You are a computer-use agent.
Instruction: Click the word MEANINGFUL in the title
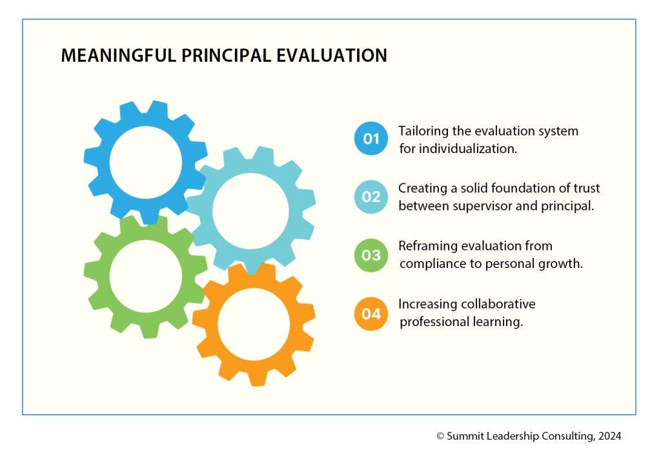pyautogui.click(x=119, y=56)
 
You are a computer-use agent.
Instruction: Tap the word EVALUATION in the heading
pyautogui.click(x=331, y=56)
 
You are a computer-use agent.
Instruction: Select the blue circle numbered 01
pyautogui.click(x=371, y=138)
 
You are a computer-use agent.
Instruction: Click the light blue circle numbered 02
pyautogui.click(x=371, y=196)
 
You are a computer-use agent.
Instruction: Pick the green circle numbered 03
pyautogui.click(x=371, y=255)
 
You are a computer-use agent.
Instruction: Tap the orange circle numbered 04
pyautogui.click(x=371, y=314)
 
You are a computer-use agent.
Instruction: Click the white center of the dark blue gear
pyautogui.click(x=145, y=163)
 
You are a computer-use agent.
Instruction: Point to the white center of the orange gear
pyautogui.click(x=254, y=324)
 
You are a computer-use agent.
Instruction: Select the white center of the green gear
pyautogui.click(x=145, y=276)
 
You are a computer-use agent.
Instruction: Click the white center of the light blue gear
pyautogui.click(x=250, y=210)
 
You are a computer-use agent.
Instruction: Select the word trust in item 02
pyautogui.click(x=587, y=188)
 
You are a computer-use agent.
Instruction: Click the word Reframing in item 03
pyautogui.click(x=425, y=246)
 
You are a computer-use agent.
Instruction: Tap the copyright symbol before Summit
pyautogui.click(x=440, y=436)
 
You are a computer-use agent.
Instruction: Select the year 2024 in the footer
pyautogui.click(x=609, y=436)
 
